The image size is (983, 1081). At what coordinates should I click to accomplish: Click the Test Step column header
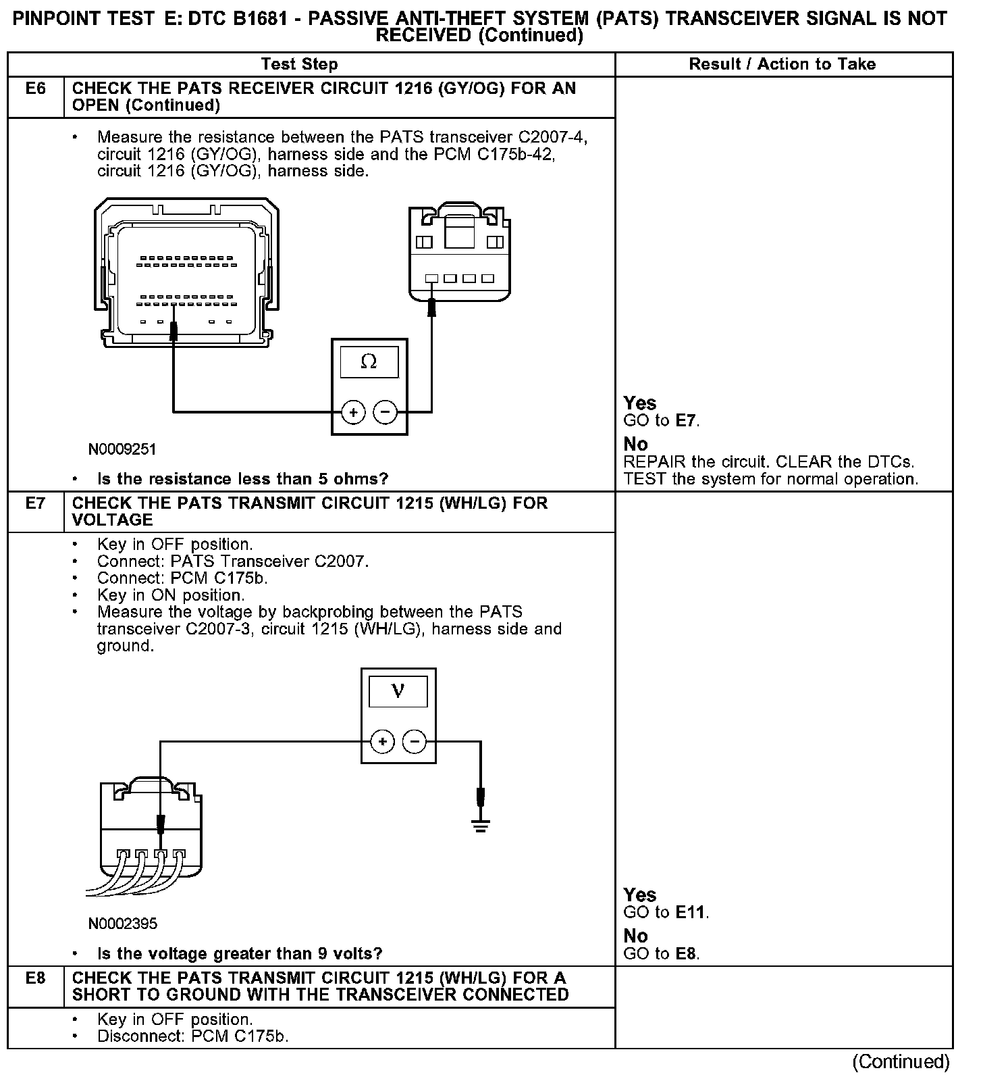tap(299, 64)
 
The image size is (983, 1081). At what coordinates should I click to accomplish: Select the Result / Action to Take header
tap(782, 64)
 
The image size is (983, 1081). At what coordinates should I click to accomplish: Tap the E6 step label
tap(35, 89)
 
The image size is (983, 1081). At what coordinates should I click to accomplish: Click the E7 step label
tap(35, 503)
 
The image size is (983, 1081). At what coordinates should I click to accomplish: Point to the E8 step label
tap(35, 978)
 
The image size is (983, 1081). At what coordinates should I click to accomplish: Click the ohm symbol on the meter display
tap(369, 362)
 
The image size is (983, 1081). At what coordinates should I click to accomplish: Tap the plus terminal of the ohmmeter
tap(353, 411)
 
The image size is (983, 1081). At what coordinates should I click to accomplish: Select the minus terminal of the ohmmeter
tap(386, 411)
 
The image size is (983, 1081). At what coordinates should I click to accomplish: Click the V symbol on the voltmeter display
tap(398, 691)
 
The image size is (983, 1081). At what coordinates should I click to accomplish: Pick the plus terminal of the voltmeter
tap(382, 742)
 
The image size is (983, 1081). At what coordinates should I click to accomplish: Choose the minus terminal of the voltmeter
tap(415, 742)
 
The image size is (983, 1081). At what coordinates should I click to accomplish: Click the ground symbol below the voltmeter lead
tap(480, 826)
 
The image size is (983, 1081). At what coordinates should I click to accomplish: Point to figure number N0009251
tap(122, 449)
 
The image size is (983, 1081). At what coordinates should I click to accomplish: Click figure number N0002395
tap(122, 924)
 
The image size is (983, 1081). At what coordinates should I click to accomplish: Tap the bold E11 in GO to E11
tap(691, 913)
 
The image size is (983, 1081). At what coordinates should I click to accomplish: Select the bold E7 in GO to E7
tap(686, 421)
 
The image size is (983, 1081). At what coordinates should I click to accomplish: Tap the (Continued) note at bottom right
tap(901, 1062)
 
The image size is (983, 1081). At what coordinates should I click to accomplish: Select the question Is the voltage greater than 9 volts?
tap(240, 953)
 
